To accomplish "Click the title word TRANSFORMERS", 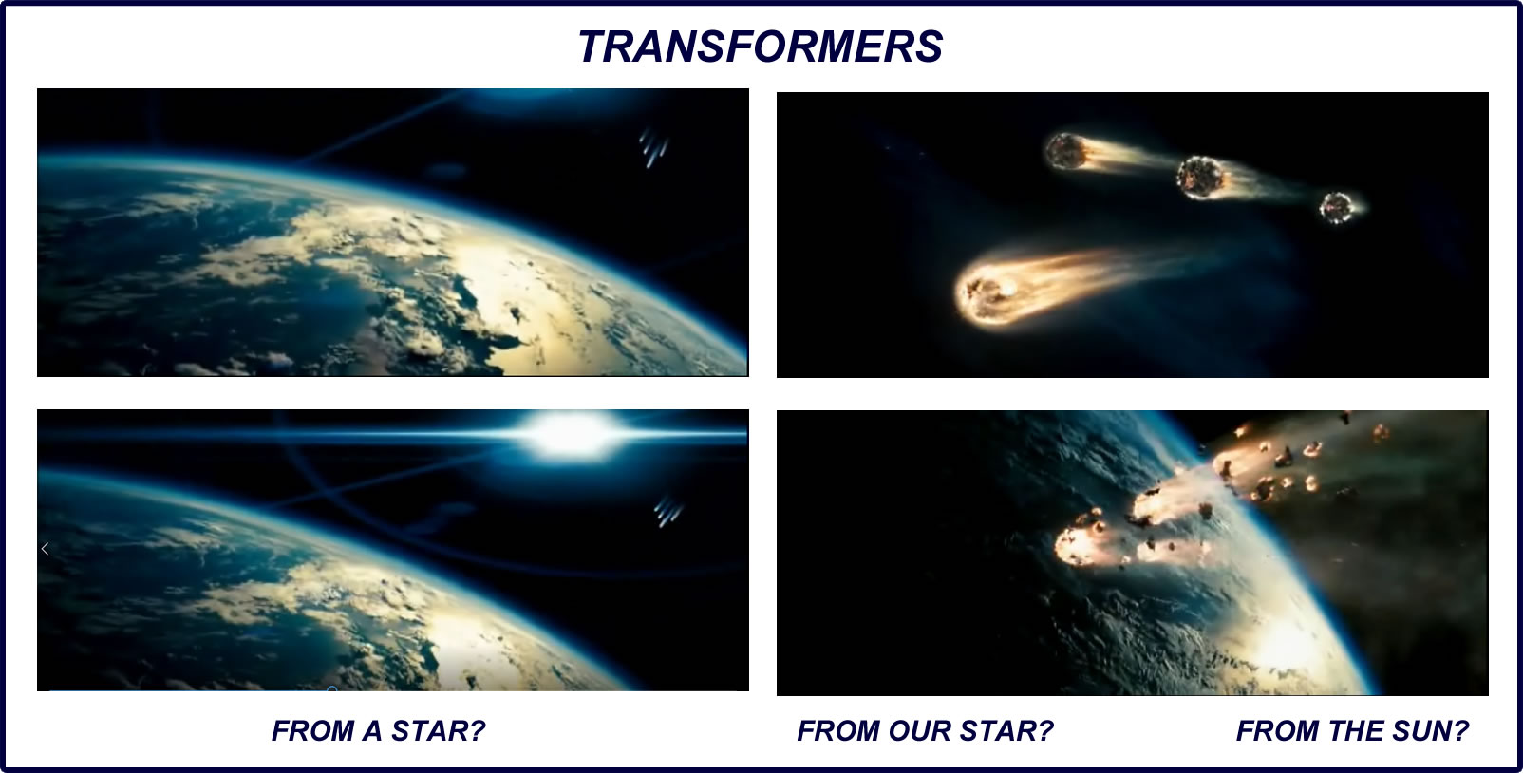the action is [x=761, y=47].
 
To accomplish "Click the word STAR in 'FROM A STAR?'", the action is [x=438, y=731].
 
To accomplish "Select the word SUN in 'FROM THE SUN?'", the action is [x=1422, y=731].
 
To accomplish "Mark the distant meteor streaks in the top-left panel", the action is [x=652, y=147].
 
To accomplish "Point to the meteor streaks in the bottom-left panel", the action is [x=667, y=511].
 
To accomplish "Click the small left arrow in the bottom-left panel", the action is [x=45, y=549].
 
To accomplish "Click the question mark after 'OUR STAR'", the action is [x=1045, y=731].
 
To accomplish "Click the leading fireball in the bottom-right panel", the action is [x=1081, y=544].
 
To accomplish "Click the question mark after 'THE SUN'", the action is [x=1462, y=731].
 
